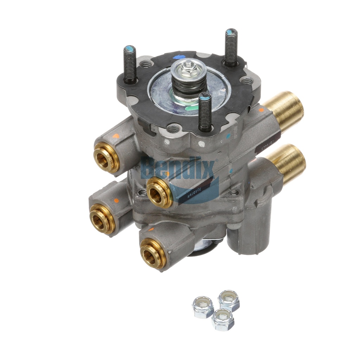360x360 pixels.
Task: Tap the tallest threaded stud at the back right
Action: [231, 47]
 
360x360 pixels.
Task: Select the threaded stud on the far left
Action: [130, 65]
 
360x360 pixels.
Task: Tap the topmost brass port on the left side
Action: [107, 157]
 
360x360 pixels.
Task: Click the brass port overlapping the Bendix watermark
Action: [160, 192]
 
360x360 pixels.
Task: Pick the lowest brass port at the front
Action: [153, 253]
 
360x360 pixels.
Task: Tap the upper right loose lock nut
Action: [229, 300]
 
